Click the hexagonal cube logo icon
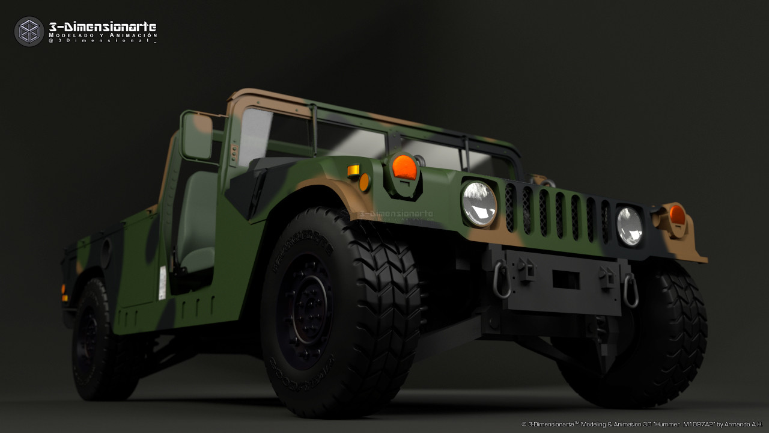(x=29, y=31)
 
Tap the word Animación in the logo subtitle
(x=136, y=35)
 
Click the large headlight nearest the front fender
(x=479, y=203)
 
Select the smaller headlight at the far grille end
(x=629, y=226)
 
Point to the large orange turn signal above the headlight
(x=404, y=167)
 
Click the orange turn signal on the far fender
(x=677, y=215)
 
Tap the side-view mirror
(x=197, y=137)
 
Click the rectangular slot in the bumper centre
(x=565, y=280)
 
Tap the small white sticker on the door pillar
(x=162, y=283)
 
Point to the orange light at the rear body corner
(x=64, y=293)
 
